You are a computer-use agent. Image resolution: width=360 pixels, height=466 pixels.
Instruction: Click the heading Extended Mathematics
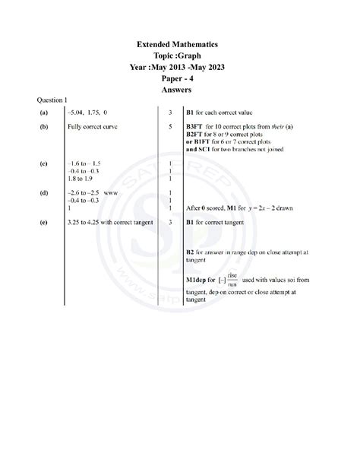click(x=180, y=45)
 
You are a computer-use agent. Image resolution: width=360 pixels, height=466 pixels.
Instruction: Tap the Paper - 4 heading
click(x=180, y=78)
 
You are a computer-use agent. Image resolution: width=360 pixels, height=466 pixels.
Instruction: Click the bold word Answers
click(x=180, y=88)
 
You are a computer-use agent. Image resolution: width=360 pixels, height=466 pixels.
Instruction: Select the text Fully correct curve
click(x=92, y=126)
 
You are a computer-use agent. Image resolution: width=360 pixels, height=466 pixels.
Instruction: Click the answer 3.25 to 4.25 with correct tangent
click(x=110, y=222)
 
